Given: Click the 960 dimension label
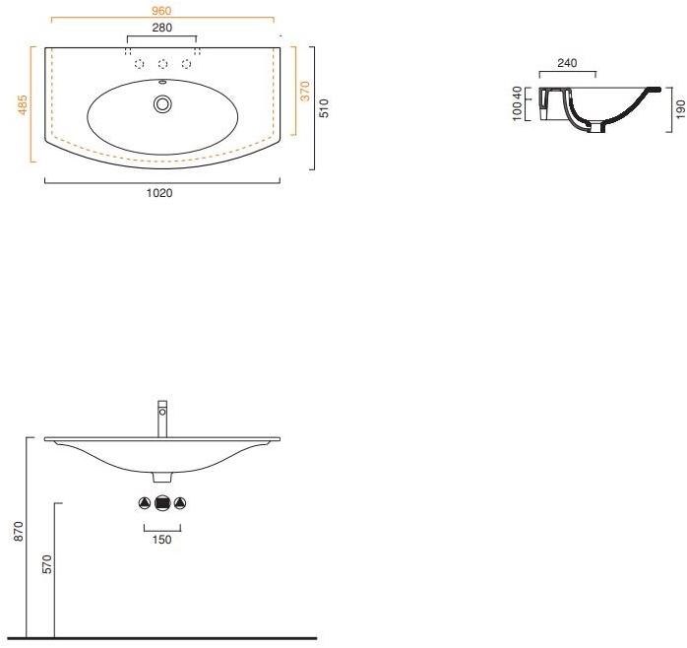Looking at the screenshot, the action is [x=161, y=11].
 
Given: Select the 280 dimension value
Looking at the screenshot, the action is [x=162, y=28].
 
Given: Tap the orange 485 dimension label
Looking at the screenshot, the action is [x=23, y=104].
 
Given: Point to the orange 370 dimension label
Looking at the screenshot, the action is [x=305, y=92].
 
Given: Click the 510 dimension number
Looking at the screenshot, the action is [x=324, y=108].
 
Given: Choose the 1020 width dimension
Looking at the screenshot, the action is [x=159, y=193].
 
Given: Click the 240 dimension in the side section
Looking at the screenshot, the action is [x=567, y=63].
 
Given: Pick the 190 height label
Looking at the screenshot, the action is [x=680, y=109].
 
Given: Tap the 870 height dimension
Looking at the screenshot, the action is [x=19, y=531].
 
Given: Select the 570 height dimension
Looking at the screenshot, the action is [x=47, y=564].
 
